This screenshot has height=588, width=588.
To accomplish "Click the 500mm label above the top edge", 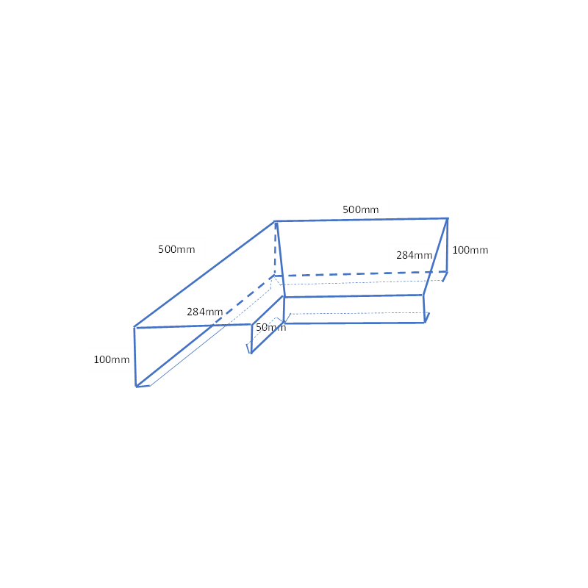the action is click(360, 209).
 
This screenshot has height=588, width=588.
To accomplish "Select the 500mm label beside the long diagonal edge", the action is click(176, 249).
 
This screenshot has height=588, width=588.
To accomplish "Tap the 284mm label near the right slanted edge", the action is click(414, 255).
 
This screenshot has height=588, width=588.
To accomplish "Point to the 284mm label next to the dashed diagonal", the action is click(205, 312).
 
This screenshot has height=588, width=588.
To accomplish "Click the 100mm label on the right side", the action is click(470, 250).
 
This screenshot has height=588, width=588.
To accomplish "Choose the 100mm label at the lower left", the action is click(112, 359).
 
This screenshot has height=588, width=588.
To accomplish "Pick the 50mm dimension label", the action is click(270, 327).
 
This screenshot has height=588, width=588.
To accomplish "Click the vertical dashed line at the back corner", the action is click(275, 248).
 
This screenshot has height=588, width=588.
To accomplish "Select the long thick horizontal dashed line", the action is click(361, 273).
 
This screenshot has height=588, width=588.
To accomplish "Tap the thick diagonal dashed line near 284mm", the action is click(244, 300).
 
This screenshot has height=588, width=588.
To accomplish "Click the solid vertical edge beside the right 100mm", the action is click(448, 245).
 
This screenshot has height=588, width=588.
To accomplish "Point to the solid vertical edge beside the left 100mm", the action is click(135, 356).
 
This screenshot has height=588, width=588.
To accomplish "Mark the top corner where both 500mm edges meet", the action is click(275, 222).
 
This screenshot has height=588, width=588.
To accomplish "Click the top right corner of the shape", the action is click(448, 218).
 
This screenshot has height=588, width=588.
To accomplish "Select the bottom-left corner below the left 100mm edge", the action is click(136, 387).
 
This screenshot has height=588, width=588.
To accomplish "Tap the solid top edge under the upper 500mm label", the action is click(361, 220).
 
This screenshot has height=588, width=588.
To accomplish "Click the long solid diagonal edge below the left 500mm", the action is click(204, 274).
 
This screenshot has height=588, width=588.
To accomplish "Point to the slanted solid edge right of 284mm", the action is click(435, 257).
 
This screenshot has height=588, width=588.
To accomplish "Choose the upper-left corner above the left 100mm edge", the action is click(135, 327).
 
